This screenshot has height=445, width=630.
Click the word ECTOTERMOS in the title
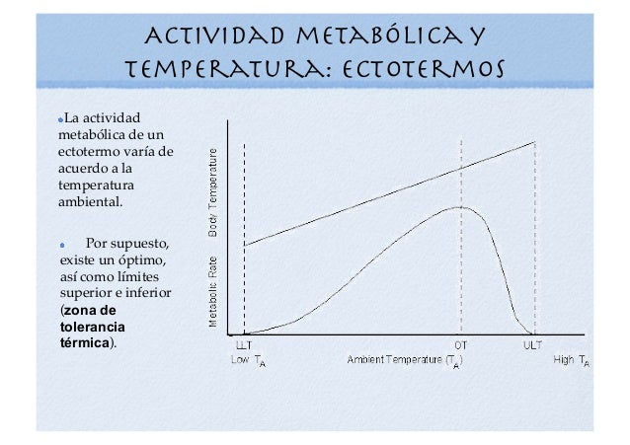tap(423, 68)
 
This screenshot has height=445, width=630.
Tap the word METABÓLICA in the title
tap(380, 36)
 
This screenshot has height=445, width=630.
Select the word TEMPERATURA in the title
tap(224, 69)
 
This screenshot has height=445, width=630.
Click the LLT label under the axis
tap(244, 345)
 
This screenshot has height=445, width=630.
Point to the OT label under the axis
tap(461, 345)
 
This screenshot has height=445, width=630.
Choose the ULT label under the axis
tap(533, 345)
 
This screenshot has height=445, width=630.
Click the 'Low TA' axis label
tap(248, 361)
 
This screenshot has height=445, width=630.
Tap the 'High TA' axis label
tap(572, 361)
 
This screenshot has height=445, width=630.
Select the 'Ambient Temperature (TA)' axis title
tap(405, 361)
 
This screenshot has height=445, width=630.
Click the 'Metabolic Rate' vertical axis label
tap(213, 292)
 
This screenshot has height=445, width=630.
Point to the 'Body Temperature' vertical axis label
tap(213, 192)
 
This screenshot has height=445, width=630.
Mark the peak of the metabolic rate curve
tap(459, 207)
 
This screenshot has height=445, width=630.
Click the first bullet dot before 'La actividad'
tap(60, 119)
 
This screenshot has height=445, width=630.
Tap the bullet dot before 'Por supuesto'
tap(62, 245)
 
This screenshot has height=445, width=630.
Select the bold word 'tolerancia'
tap(93, 327)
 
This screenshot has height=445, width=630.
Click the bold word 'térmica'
tap(85, 343)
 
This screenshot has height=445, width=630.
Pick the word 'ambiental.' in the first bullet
tap(91, 201)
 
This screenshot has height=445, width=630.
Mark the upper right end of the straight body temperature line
tap(535, 142)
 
